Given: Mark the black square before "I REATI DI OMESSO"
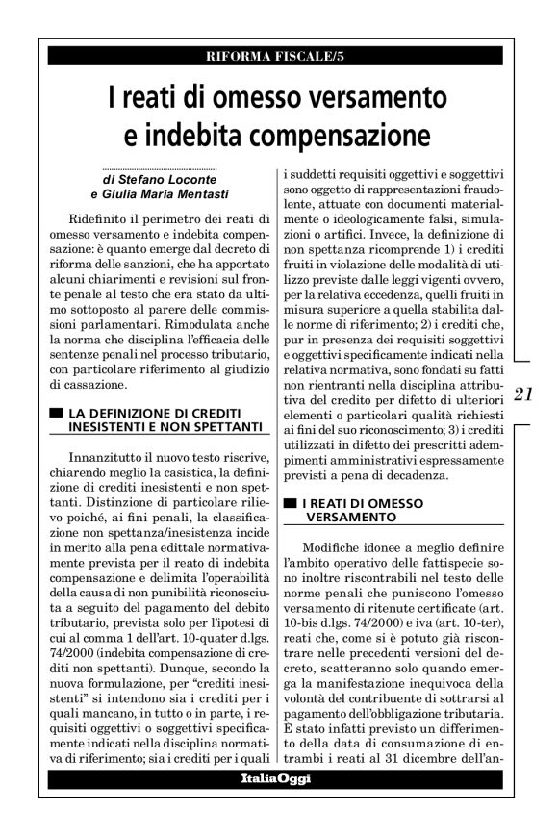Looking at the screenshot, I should tap(290, 503).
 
